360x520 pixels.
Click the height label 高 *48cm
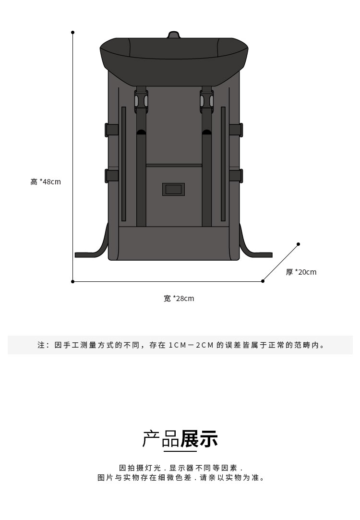[46, 182]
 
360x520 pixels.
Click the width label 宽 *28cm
[179, 299]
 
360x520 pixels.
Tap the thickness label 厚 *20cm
[301, 272]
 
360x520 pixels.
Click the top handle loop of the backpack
[174, 35]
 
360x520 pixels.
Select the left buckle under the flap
[141, 101]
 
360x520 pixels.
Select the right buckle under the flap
[207, 101]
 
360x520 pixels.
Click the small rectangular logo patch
[173, 189]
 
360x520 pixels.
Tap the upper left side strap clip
[111, 130]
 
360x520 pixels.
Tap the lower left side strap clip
[111, 176]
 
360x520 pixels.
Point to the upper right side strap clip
[236, 130]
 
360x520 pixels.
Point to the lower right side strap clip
[236, 176]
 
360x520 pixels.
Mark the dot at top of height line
[72, 32]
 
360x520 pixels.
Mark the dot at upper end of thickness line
[298, 244]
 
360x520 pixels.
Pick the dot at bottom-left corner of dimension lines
[72, 281]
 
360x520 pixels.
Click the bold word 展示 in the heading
[199, 439]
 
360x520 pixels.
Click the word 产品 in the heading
[161, 439]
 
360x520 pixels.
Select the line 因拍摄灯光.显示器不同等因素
[181, 468]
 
